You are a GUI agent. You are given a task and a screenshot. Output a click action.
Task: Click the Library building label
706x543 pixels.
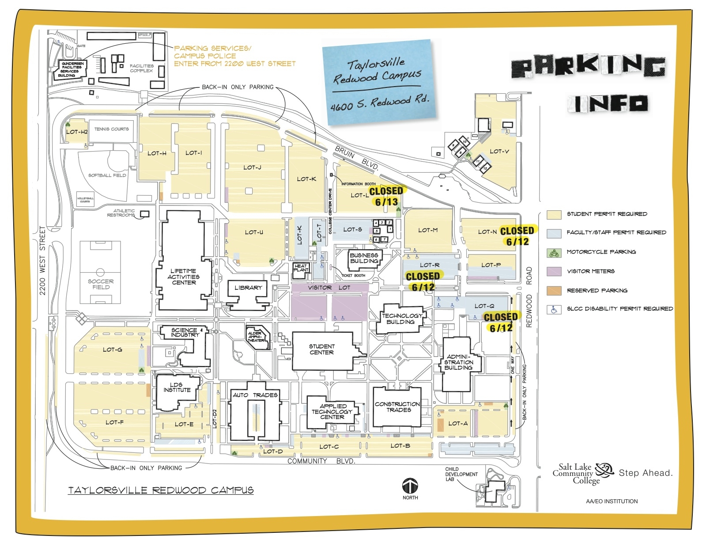[248, 288]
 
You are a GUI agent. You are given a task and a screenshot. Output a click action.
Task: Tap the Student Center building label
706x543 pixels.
[322, 349]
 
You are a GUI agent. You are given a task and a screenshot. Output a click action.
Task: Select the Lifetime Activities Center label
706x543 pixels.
[184, 277]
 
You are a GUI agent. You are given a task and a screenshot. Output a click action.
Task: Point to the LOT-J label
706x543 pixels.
[252, 167]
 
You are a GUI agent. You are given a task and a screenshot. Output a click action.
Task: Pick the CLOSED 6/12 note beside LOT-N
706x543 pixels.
[517, 236]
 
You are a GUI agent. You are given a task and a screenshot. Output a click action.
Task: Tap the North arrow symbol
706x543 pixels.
[410, 486]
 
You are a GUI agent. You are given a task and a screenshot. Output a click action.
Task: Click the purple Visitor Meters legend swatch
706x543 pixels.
[554, 271]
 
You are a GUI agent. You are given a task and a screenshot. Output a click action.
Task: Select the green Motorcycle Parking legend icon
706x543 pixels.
[554, 253]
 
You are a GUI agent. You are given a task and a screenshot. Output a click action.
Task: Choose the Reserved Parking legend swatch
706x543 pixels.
[554, 291]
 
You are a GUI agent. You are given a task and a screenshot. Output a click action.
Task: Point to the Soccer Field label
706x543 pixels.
[101, 284]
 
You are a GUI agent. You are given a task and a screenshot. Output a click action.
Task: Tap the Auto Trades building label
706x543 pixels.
[255, 395]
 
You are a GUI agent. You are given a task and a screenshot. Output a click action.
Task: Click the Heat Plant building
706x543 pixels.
[301, 268]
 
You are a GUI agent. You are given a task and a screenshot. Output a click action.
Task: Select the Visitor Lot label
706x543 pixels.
[329, 288]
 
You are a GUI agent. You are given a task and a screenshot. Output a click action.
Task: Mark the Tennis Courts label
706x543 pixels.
[111, 129]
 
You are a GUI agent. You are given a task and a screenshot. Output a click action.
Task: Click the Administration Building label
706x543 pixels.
[458, 362]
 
